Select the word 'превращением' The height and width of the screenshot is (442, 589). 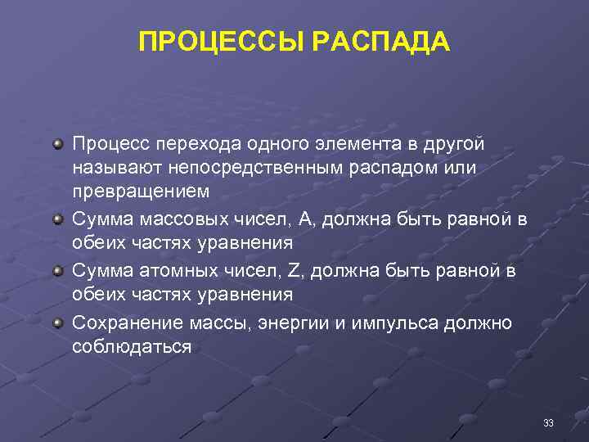(x=141, y=192)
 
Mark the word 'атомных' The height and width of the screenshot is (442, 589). (x=180, y=269)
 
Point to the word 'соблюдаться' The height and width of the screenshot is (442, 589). (x=132, y=346)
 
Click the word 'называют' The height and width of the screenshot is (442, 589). (x=115, y=167)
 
